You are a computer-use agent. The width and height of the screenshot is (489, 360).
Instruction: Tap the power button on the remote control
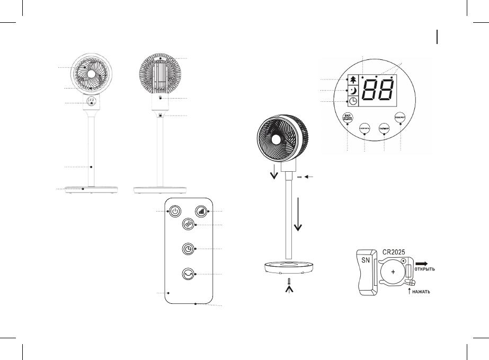[x=175, y=211]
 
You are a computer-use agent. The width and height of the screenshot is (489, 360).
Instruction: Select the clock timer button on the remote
[x=188, y=249]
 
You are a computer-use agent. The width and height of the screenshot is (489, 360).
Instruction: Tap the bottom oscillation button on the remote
[x=188, y=274]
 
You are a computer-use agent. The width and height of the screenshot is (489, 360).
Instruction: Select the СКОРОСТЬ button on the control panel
[x=365, y=129]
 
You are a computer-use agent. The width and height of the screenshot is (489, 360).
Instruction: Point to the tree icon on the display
[x=352, y=80]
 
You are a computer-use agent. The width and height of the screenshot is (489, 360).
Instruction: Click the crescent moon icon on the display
[x=352, y=90]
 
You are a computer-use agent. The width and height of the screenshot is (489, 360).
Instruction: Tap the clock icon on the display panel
[x=352, y=101]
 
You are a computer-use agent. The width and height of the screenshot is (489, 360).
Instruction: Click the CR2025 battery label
[x=394, y=248]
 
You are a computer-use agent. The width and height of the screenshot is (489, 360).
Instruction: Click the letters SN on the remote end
[x=365, y=261]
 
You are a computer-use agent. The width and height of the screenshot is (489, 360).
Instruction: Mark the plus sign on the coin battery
[x=393, y=270]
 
